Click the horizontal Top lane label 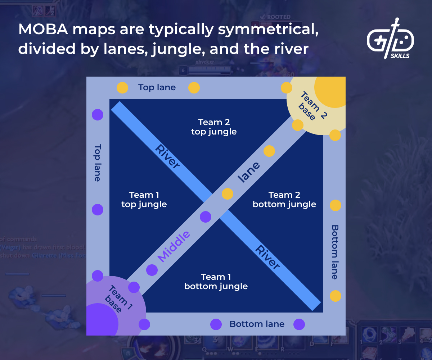(x=157, y=87)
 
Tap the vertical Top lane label (x=98, y=163)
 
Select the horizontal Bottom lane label (x=257, y=324)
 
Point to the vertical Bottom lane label (x=335, y=252)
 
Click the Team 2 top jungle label (x=214, y=127)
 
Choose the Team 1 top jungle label (x=144, y=200)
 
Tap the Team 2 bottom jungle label (x=284, y=200)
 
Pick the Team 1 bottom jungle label (x=216, y=282)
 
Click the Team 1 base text (x=117, y=299)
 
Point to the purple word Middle (x=174, y=246)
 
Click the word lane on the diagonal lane (x=249, y=172)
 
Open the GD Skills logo (x=391, y=38)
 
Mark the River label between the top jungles (x=167, y=156)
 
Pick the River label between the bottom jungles (x=268, y=257)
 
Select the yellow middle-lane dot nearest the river (x=228, y=194)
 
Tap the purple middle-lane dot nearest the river (x=206, y=217)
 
